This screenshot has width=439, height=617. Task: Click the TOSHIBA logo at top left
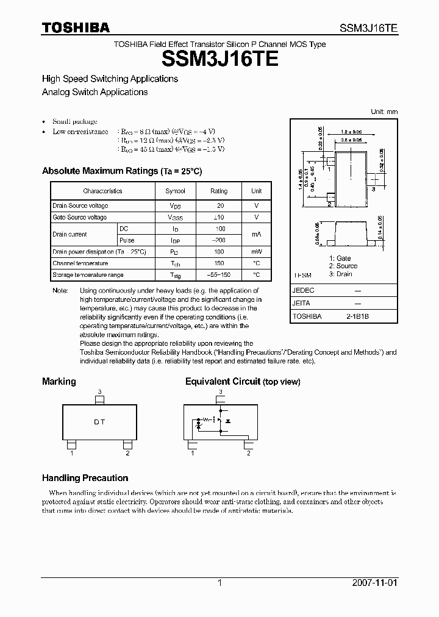coord(76,27)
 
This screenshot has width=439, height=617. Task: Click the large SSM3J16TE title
coord(220,59)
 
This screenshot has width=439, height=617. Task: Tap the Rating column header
coord(219,191)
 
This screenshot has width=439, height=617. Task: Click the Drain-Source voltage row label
coord(80,206)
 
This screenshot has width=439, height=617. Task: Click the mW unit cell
coord(257,252)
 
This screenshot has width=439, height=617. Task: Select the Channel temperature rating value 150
coord(220,263)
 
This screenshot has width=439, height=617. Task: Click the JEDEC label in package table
coord(304,291)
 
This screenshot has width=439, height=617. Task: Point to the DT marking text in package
coord(99,422)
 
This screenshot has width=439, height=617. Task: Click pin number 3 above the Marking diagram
coord(99,391)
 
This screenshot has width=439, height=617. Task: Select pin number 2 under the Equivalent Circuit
coord(248,453)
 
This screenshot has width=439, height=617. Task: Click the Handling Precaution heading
coord(85,478)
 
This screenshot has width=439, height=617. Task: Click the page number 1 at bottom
coord(220,583)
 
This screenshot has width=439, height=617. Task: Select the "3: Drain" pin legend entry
coord(340,274)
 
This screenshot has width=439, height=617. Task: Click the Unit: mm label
coord(384,112)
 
